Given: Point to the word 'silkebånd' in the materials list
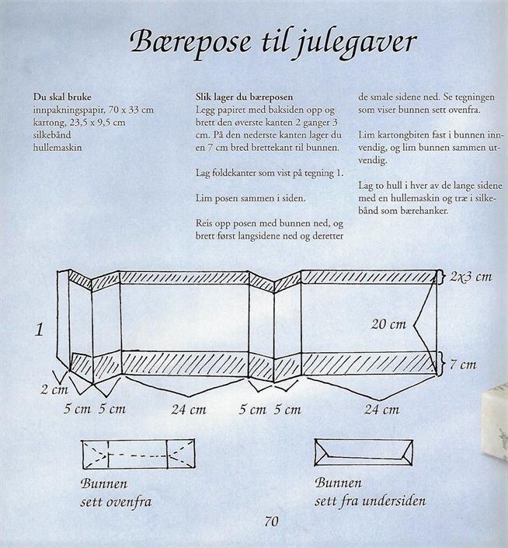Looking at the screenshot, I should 53,134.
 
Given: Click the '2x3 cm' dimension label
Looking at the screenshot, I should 471,277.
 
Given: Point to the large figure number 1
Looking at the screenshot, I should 38,330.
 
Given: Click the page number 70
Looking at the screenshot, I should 271,521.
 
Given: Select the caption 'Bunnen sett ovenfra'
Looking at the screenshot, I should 116,492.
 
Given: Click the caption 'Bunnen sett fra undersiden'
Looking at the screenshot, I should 370,492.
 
